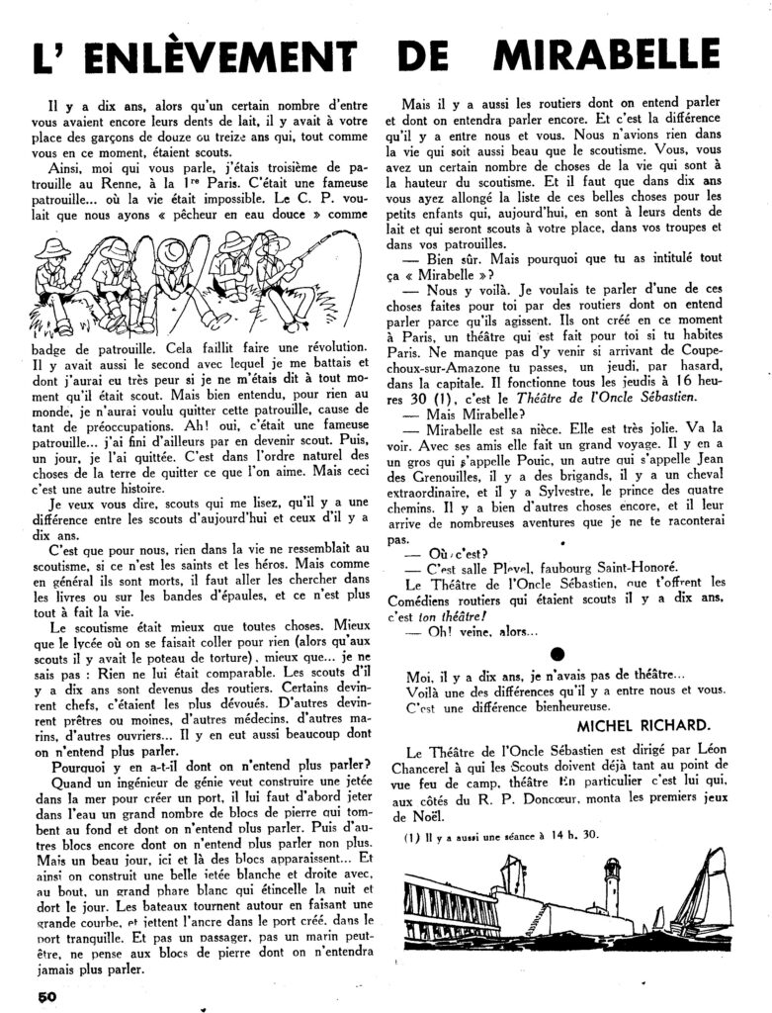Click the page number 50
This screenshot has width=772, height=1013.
(49, 995)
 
